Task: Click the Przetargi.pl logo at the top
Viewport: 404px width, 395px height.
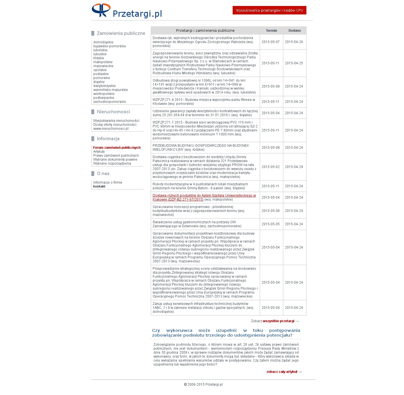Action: (127, 11)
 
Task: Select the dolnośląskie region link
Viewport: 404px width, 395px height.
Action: (103, 42)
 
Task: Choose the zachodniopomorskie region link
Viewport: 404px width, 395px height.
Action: (110, 102)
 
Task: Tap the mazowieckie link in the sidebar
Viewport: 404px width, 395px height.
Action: (103, 66)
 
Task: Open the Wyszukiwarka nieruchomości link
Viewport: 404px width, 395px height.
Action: (116, 121)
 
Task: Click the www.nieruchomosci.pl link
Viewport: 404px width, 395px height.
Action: (111, 129)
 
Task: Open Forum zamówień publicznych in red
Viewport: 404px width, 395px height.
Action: (117, 148)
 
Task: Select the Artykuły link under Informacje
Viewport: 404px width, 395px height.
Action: (99, 152)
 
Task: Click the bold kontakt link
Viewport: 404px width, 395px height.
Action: (99, 186)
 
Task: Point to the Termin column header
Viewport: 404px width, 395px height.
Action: (271, 31)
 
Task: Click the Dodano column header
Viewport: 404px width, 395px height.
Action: (294, 31)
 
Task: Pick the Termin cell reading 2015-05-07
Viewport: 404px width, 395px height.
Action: (270, 42)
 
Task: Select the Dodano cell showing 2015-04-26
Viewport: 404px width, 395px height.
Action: (294, 42)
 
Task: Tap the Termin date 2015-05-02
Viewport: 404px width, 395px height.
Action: (270, 167)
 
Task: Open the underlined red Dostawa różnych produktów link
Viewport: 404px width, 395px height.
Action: (204, 196)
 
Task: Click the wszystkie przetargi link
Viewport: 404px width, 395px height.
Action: (279, 321)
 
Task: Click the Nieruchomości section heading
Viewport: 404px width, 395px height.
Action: (113, 112)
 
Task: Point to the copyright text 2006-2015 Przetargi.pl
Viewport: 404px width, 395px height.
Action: (203, 385)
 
